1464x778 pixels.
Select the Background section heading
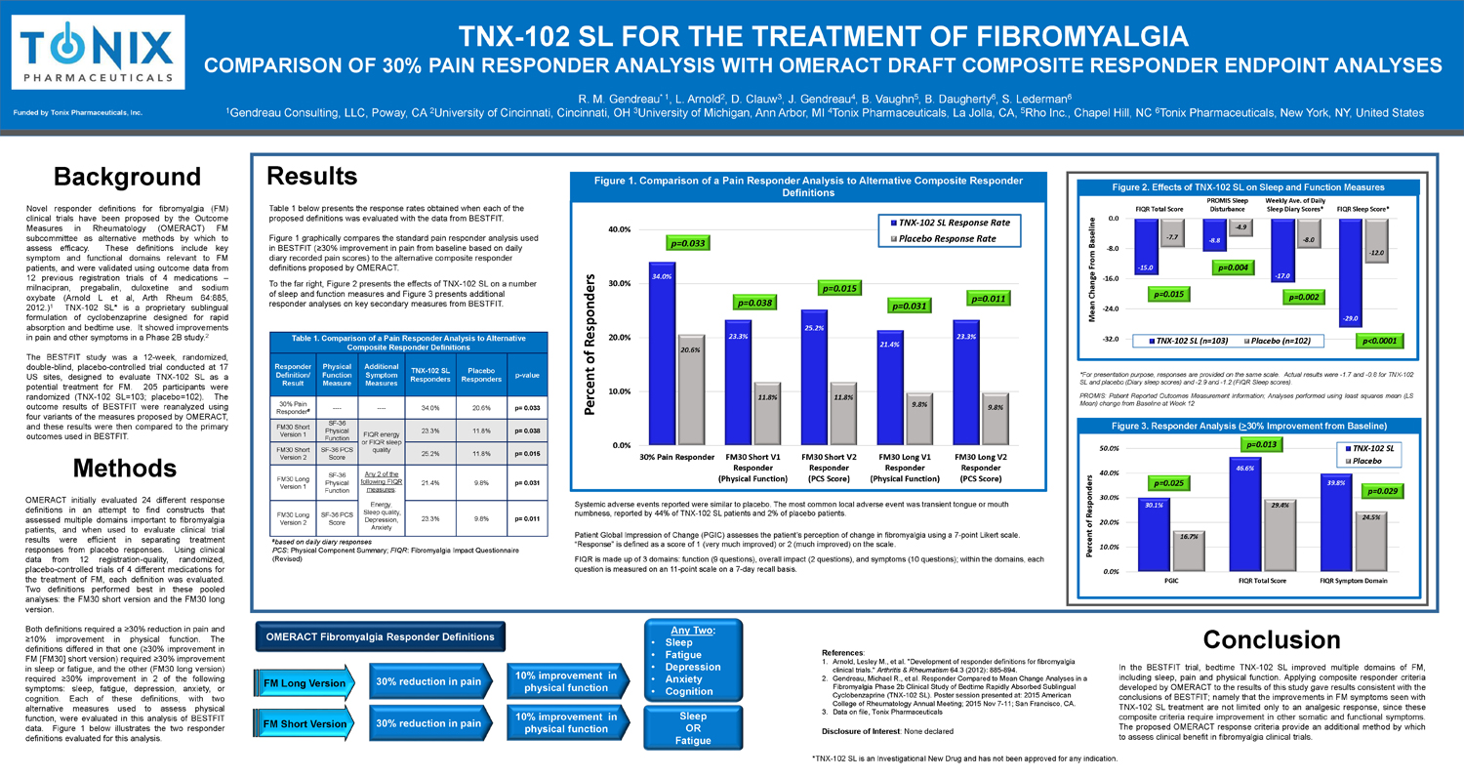(127, 177)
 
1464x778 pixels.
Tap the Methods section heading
(125, 470)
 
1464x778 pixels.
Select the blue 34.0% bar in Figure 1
(662, 351)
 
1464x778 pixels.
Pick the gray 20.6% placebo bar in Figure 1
(691, 390)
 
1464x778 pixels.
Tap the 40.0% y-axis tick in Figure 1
(619, 229)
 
